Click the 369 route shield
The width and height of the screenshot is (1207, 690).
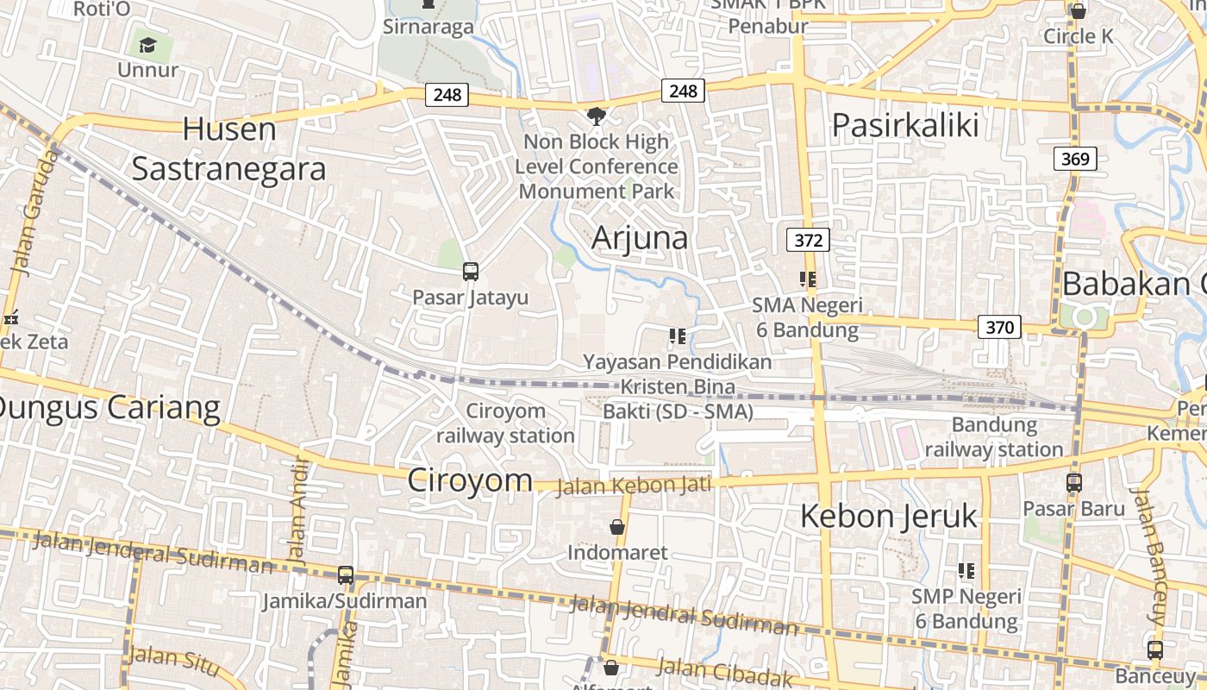coord(1075,159)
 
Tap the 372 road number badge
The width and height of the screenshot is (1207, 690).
coord(808,240)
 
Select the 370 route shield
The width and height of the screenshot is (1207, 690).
coord(999,327)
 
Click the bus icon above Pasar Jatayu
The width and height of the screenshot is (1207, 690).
coord(470,271)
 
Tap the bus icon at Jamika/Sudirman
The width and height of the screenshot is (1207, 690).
coord(346,574)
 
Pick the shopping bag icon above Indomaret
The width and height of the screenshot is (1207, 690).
coord(617,526)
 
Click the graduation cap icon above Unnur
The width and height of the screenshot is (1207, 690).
coord(147,45)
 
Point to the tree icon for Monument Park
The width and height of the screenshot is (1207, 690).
coord(596,116)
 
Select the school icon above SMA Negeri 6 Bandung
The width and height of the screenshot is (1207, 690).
coord(807,279)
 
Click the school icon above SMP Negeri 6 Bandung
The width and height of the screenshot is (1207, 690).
coord(966,570)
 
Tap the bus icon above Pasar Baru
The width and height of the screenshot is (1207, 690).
coord(1074,483)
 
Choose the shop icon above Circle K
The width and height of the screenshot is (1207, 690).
coord(1078,11)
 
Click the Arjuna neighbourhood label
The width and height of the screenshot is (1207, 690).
coord(640,237)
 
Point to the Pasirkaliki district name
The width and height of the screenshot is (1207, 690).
coord(905,126)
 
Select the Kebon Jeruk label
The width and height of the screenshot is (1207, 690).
coord(889,516)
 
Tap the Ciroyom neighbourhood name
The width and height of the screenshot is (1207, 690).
coord(469,480)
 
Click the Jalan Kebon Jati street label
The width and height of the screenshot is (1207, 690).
coord(634,486)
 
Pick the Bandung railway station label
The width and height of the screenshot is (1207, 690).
coord(994,437)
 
